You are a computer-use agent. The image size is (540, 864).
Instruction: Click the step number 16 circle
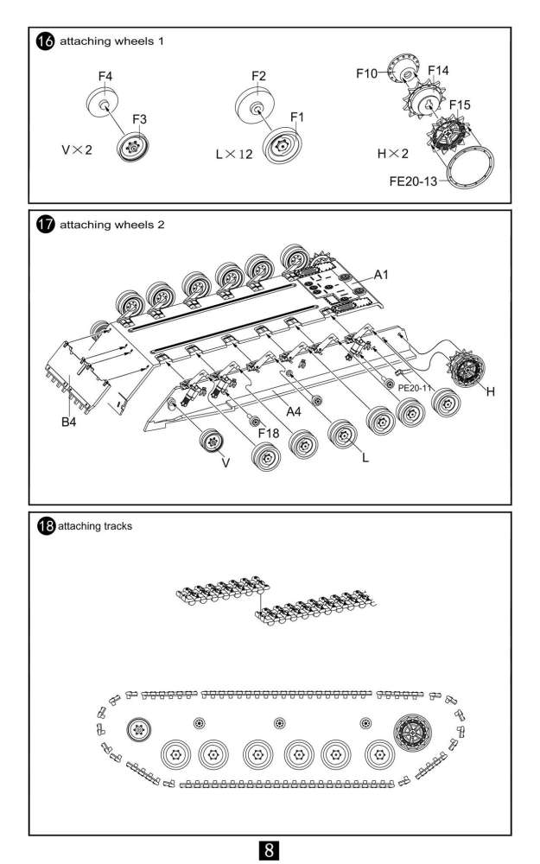(45, 41)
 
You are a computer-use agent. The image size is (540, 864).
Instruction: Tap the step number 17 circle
(45, 225)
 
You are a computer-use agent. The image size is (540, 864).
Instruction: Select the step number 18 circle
(47, 525)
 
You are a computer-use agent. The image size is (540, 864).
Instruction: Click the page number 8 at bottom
(269, 849)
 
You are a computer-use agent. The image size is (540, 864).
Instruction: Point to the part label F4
(105, 77)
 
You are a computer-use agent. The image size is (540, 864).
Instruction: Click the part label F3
(139, 119)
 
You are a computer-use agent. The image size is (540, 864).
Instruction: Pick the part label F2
(258, 76)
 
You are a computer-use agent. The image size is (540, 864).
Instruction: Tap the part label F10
(367, 73)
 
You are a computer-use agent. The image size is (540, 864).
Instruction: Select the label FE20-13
(413, 181)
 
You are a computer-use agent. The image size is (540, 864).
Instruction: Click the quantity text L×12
(234, 155)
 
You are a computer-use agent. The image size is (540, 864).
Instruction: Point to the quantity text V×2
(77, 149)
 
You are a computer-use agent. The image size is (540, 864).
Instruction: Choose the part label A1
(381, 275)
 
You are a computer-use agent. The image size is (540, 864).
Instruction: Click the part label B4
(69, 422)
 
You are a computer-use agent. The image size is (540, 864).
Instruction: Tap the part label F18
(269, 434)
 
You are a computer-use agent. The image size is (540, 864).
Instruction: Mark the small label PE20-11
(415, 388)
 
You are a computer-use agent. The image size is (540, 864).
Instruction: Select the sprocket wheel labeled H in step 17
(467, 370)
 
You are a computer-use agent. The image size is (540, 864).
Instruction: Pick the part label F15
(460, 105)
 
